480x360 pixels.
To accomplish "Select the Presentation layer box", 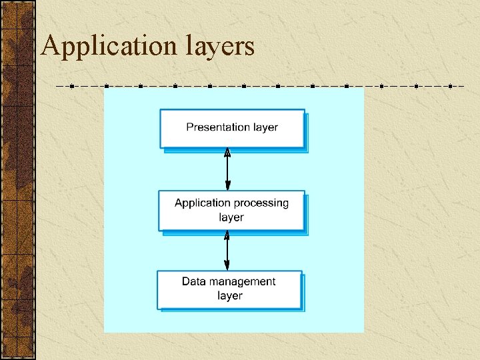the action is [x=232, y=128].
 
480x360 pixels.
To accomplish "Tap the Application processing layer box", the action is [x=231, y=211].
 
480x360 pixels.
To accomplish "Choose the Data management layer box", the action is [x=229, y=289].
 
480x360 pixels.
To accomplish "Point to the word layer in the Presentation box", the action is [x=264, y=127].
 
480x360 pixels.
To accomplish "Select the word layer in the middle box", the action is [x=231, y=217].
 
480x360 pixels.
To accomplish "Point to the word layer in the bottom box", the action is [x=230, y=295].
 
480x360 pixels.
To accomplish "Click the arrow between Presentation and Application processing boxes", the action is [x=227, y=170].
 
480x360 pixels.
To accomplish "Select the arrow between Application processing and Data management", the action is [x=227, y=250].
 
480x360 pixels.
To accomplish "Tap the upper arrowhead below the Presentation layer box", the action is [x=227, y=153].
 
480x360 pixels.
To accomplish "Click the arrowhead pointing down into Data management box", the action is [x=227, y=266].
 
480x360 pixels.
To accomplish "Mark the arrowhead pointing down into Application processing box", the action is [x=227, y=187].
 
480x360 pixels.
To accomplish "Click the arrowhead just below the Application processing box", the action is [x=227, y=235].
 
